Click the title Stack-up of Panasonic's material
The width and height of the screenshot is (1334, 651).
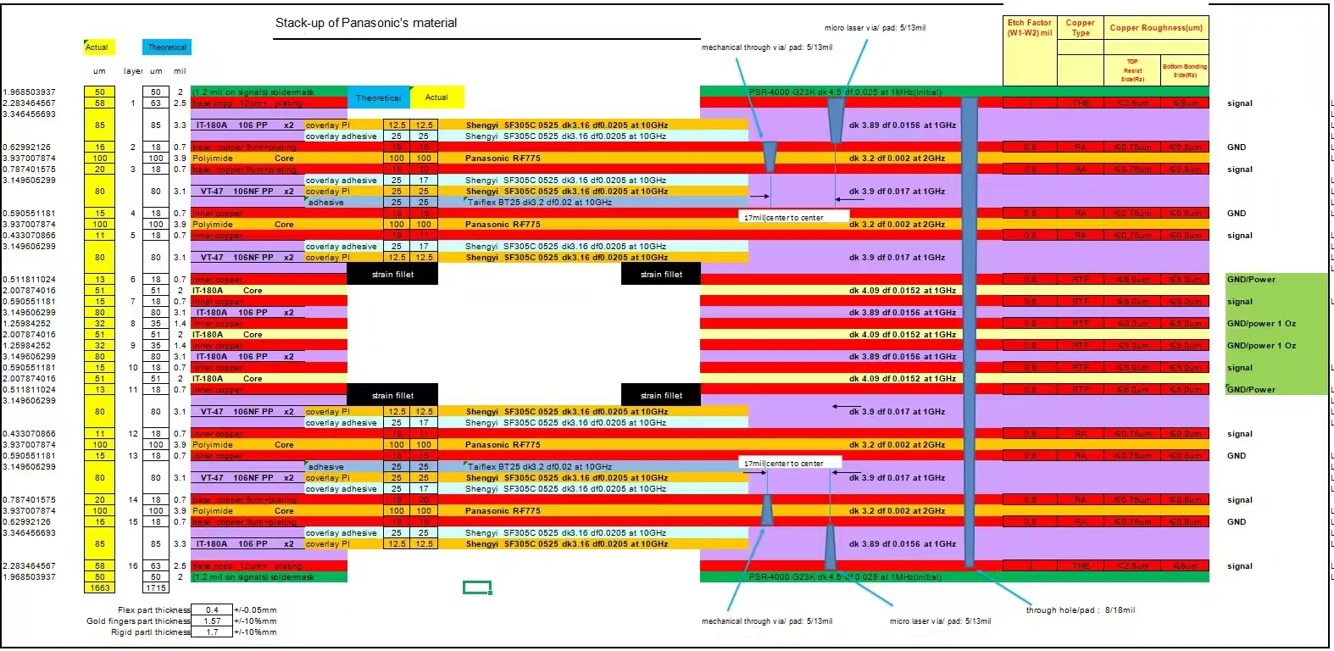(x=366, y=23)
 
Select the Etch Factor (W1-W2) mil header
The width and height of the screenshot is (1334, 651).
(x=1029, y=28)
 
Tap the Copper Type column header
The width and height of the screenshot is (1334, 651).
(x=1080, y=28)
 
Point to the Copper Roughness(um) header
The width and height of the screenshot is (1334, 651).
(x=1156, y=28)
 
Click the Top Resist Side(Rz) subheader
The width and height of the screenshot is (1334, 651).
(x=1133, y=70)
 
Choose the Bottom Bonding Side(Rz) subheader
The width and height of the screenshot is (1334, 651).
(x=1184, y=70)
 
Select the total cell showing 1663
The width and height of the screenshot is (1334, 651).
(x=100, y=587)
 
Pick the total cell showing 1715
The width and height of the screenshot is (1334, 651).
(x=156, y=587)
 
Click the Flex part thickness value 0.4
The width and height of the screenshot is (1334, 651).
(x=212, y=609)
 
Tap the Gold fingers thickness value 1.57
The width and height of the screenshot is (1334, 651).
(x=212, y=620)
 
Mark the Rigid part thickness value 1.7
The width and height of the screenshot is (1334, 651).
(x=212, y=632)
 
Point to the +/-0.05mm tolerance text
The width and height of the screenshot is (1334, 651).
(x=255, y=609)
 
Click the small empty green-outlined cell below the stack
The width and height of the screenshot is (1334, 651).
(x=477, y=587)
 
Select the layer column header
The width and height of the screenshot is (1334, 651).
(x=132, y=71)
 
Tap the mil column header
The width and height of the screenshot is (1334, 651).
(x=180, y=71)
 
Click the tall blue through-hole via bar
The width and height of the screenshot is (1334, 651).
(x=969, y=331)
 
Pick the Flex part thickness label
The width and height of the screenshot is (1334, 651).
(x=153, y=609)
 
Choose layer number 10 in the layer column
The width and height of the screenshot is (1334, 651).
(x=133, y=368)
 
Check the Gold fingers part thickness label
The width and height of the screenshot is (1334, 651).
(x=138, y=620)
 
